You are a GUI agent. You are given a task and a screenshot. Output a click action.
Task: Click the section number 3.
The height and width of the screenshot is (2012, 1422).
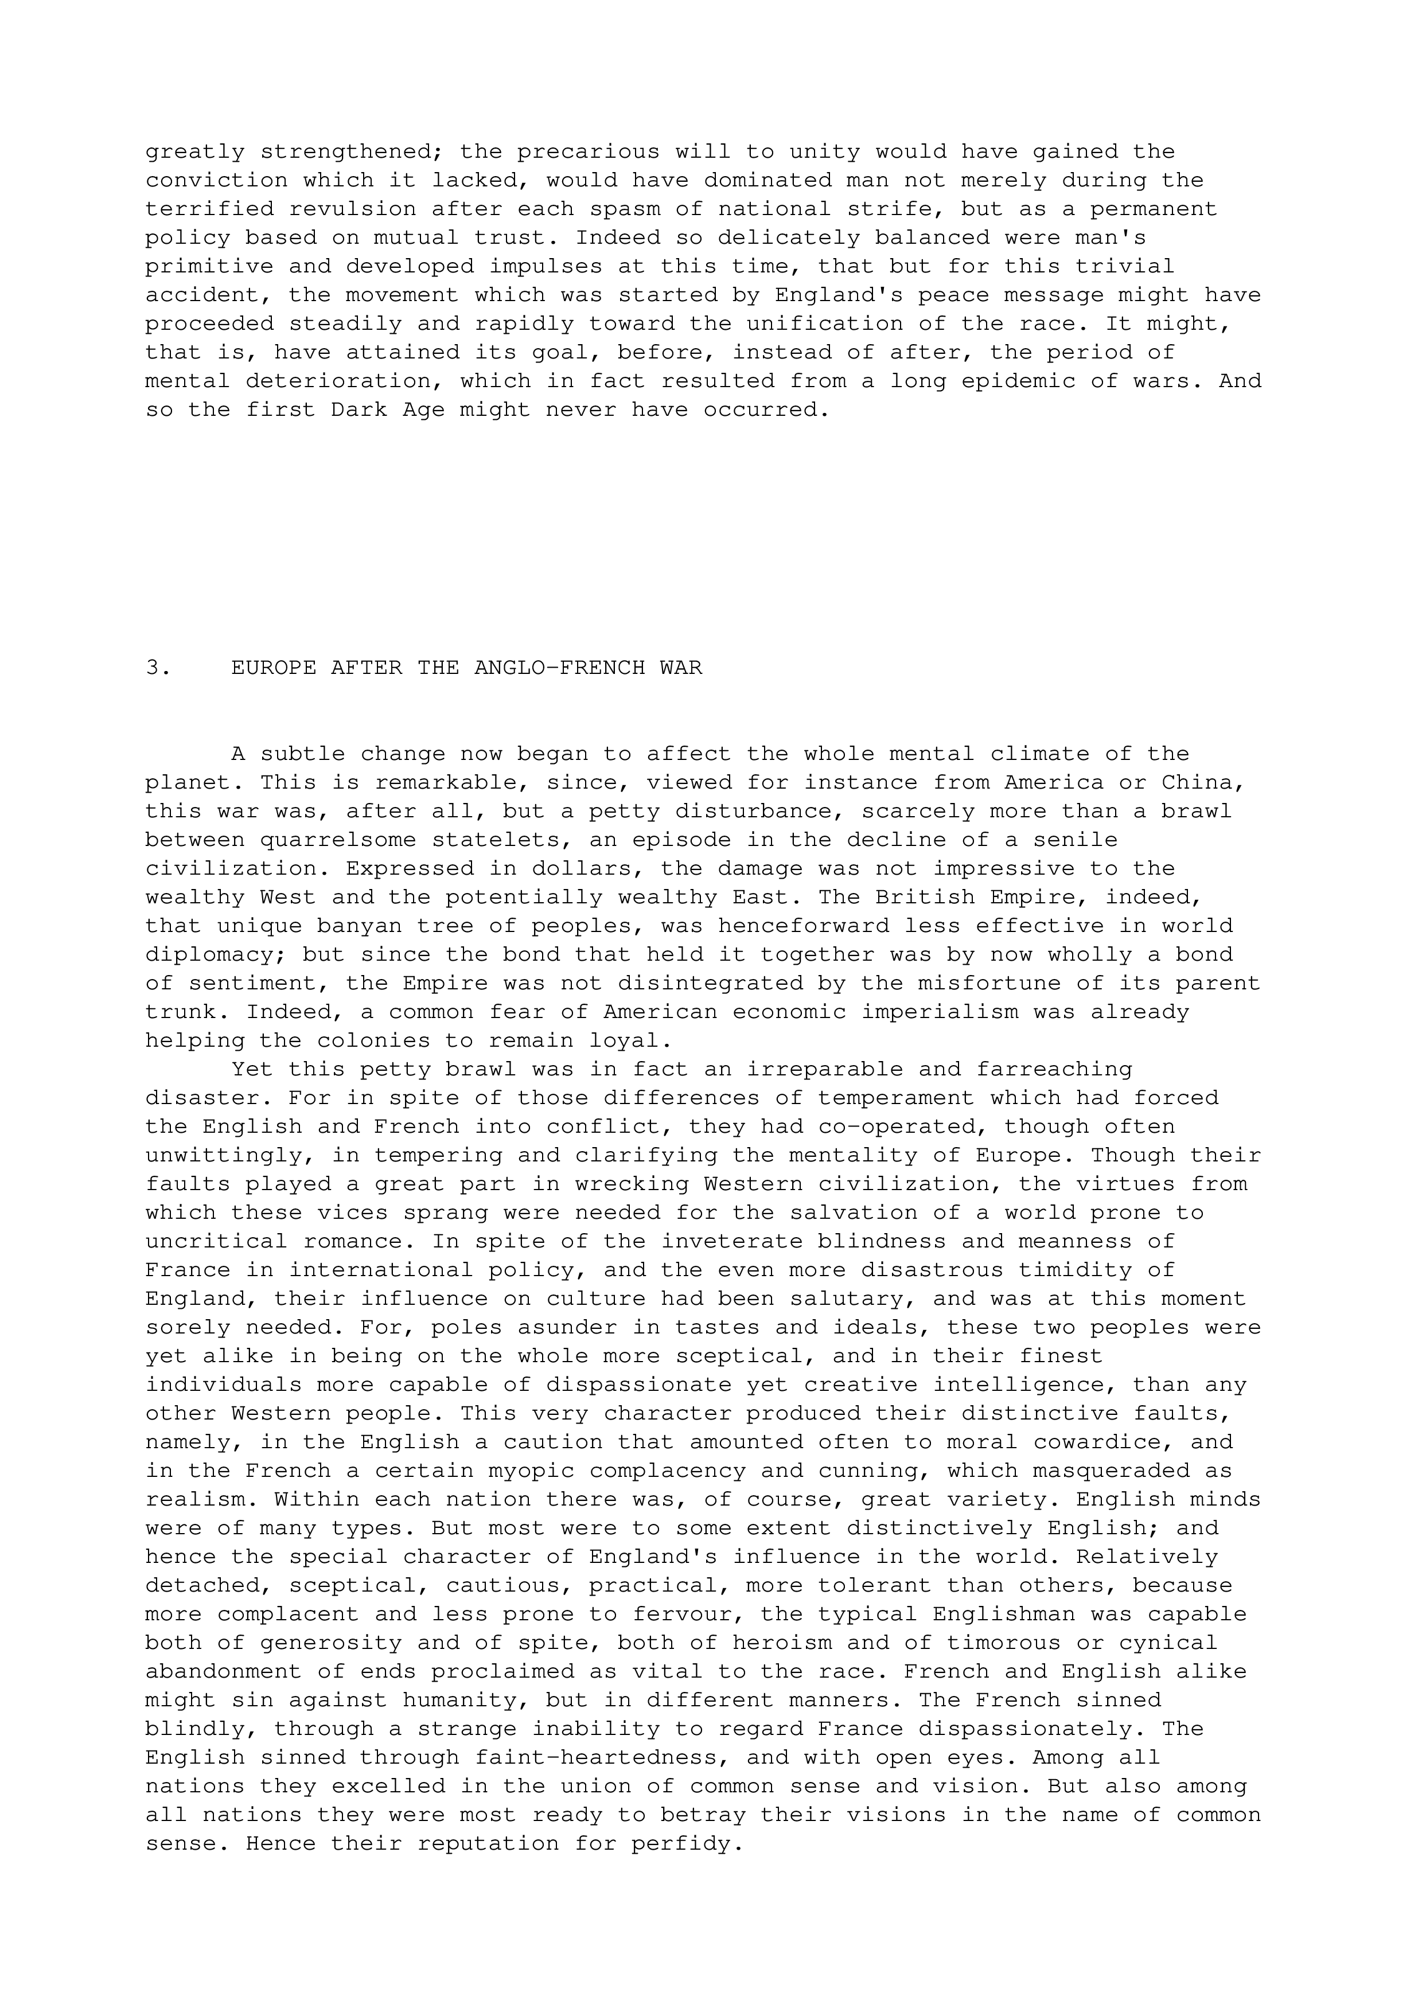pos(158,668)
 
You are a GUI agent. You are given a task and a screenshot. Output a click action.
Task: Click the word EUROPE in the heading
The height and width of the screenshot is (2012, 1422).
pos(274,668)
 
